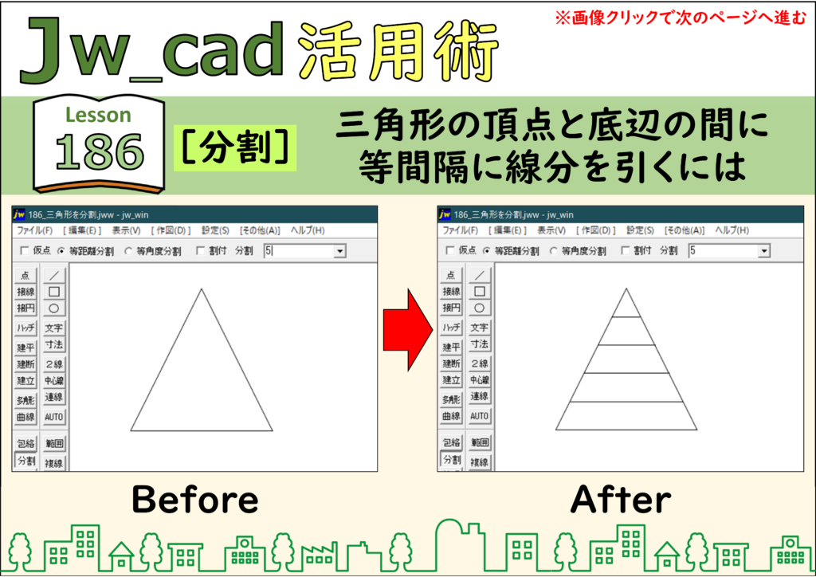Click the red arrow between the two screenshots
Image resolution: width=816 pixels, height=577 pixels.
[x=408, y=330]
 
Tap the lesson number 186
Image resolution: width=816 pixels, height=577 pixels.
[x=100, y=152]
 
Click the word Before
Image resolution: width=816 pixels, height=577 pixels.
[x=195, y=500]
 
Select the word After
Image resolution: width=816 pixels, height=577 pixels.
[x=620, y=500]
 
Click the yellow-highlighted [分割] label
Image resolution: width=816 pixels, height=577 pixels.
[x=235, y=147]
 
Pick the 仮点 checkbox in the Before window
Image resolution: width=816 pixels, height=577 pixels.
[x=25, y=251]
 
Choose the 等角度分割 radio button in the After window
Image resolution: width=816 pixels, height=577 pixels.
[x=554, y=251]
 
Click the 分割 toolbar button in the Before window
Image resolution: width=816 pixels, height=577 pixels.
[x=26, y=461]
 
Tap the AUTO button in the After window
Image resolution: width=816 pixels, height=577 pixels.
[x=479, y=416]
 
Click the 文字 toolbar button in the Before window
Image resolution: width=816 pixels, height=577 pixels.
[x=53, y=328]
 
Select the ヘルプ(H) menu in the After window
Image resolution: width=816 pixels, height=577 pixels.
[x=732, y=230]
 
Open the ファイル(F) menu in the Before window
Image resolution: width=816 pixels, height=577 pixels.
[x=35, y=230]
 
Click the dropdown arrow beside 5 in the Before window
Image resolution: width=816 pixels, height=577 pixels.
[x=339, y=251]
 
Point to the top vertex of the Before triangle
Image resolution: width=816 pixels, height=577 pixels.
[x=202, y=289]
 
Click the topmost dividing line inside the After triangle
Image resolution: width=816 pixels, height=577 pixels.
[x=626, y=316]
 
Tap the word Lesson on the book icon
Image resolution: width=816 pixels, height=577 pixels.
[x=98, y=115]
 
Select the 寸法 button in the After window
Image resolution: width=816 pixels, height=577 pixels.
[x=479, y=344]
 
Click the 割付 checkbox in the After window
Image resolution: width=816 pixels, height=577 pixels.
[x=626, y=251]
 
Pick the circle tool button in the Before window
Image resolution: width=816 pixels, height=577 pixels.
[x=53, y=308]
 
